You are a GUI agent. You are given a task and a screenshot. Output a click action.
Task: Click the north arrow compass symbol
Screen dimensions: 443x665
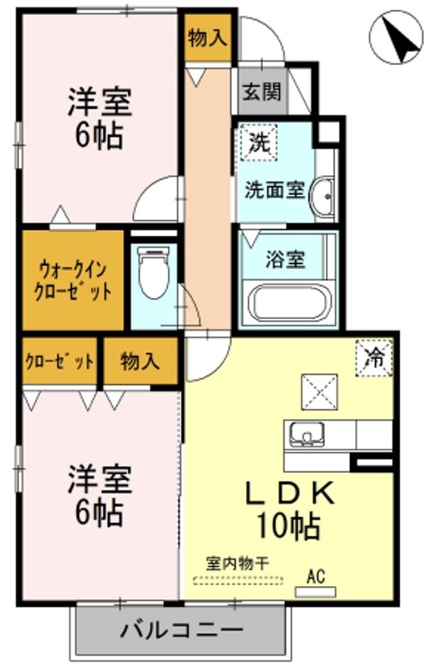396,37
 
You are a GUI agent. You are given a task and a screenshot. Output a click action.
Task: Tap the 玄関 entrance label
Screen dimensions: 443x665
262,91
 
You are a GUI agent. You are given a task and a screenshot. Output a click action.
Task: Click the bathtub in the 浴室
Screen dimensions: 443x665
290,303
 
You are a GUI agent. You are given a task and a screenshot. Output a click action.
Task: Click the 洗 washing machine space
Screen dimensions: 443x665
258,142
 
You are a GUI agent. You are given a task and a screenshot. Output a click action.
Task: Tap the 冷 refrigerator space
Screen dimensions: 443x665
374,358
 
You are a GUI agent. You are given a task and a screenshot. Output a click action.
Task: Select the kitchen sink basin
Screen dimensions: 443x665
307,434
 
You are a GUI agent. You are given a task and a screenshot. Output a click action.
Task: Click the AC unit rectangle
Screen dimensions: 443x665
315,592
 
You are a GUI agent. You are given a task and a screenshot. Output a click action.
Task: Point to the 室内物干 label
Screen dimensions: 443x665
238,564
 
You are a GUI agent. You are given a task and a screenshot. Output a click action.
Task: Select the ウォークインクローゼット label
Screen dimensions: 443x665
72,280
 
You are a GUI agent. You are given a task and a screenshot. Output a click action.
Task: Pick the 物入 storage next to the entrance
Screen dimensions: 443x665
208,37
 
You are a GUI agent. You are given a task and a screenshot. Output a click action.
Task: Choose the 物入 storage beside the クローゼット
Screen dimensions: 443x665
140,361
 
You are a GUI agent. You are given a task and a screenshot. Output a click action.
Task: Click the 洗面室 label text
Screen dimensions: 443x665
275,190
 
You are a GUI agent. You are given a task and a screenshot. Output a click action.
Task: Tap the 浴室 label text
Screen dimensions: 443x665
285,259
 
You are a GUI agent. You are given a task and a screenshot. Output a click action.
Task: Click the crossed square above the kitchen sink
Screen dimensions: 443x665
319,392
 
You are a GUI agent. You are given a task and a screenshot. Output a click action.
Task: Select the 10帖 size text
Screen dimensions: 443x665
288,525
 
